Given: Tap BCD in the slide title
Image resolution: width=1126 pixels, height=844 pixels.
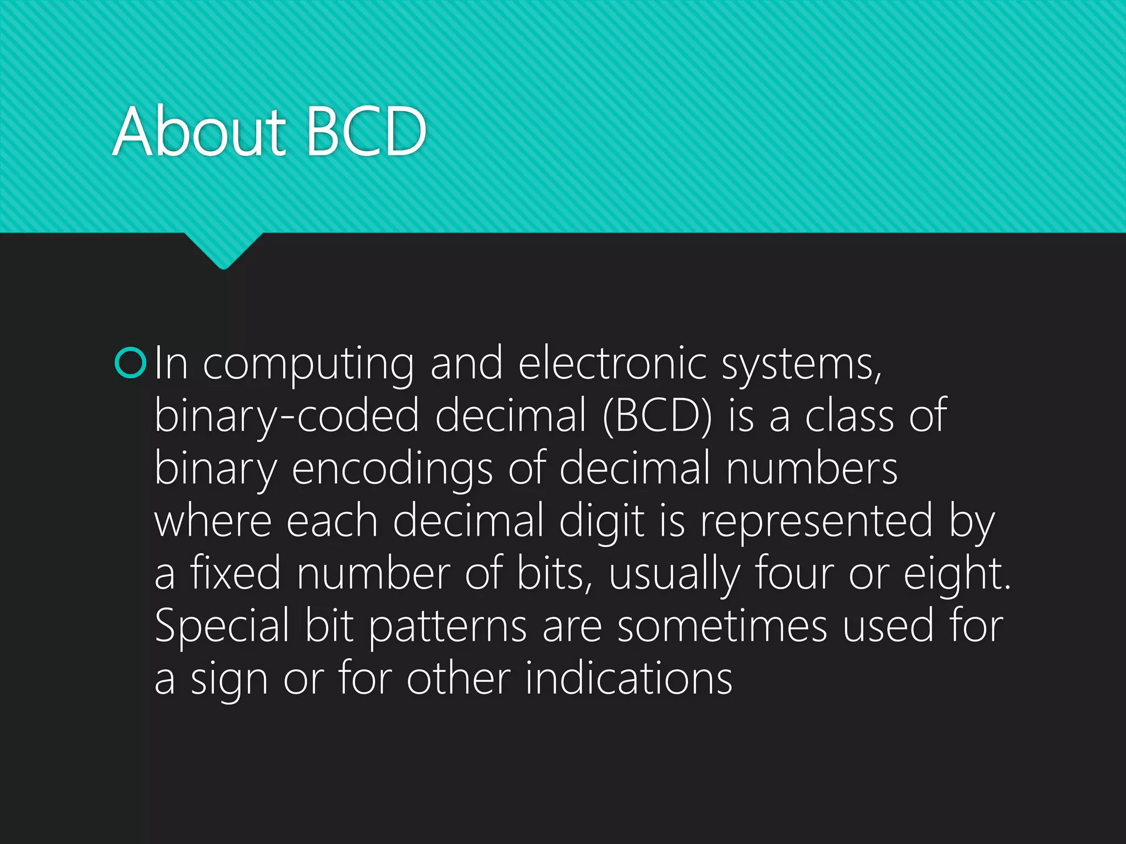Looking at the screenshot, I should (x=366, y=132).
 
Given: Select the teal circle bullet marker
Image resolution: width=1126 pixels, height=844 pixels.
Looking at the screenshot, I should (x=131, y=363).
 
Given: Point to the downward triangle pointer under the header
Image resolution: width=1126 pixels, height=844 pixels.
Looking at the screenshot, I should (x=223, y=250).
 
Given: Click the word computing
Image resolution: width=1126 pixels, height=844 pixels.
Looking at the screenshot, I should (x=308, y=365).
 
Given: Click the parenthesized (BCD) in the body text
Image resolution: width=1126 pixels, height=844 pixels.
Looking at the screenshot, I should (x=658, y=416).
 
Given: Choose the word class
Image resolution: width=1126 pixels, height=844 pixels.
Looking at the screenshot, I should (x=849, y=416).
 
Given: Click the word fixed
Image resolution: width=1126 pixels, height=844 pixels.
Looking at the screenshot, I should (x=235, y=574).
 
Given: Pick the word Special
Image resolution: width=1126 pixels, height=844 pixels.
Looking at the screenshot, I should (x=222, y=626).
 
